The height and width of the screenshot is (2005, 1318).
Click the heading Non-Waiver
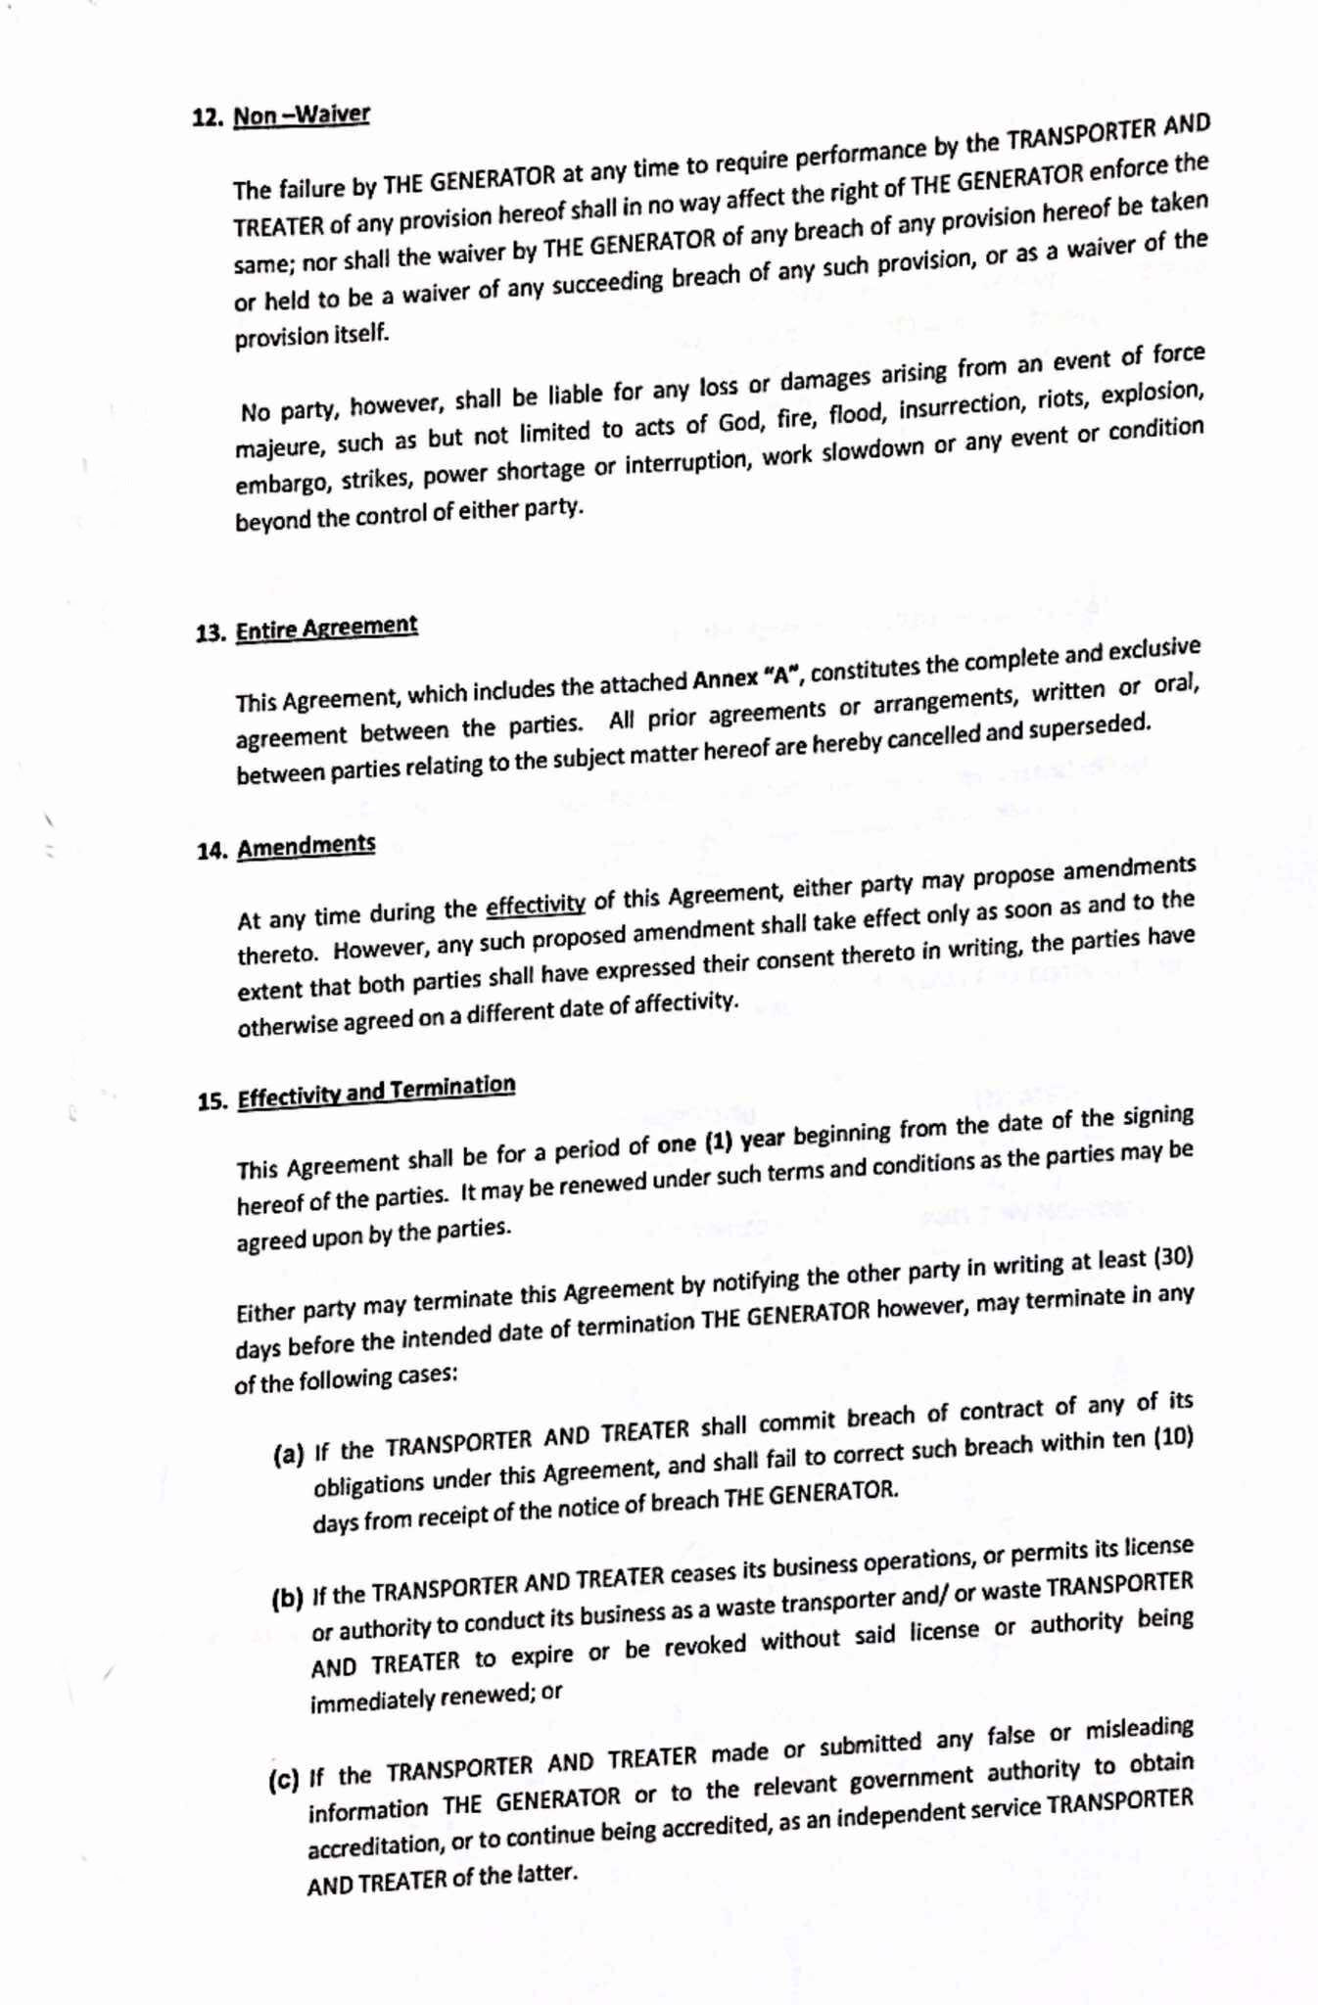(301, 116)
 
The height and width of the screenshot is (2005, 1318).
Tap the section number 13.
(211, 632)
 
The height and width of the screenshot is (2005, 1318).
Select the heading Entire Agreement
(326, 628)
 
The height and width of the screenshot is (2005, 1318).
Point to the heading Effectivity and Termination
(376, 1092)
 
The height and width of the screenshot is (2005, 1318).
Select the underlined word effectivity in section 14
(536, 904)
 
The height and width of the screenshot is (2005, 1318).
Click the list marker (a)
(288, 1454)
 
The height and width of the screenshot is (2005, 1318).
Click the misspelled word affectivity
(683, 1003)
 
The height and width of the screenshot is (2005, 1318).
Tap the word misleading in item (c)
(1138, 1729)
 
